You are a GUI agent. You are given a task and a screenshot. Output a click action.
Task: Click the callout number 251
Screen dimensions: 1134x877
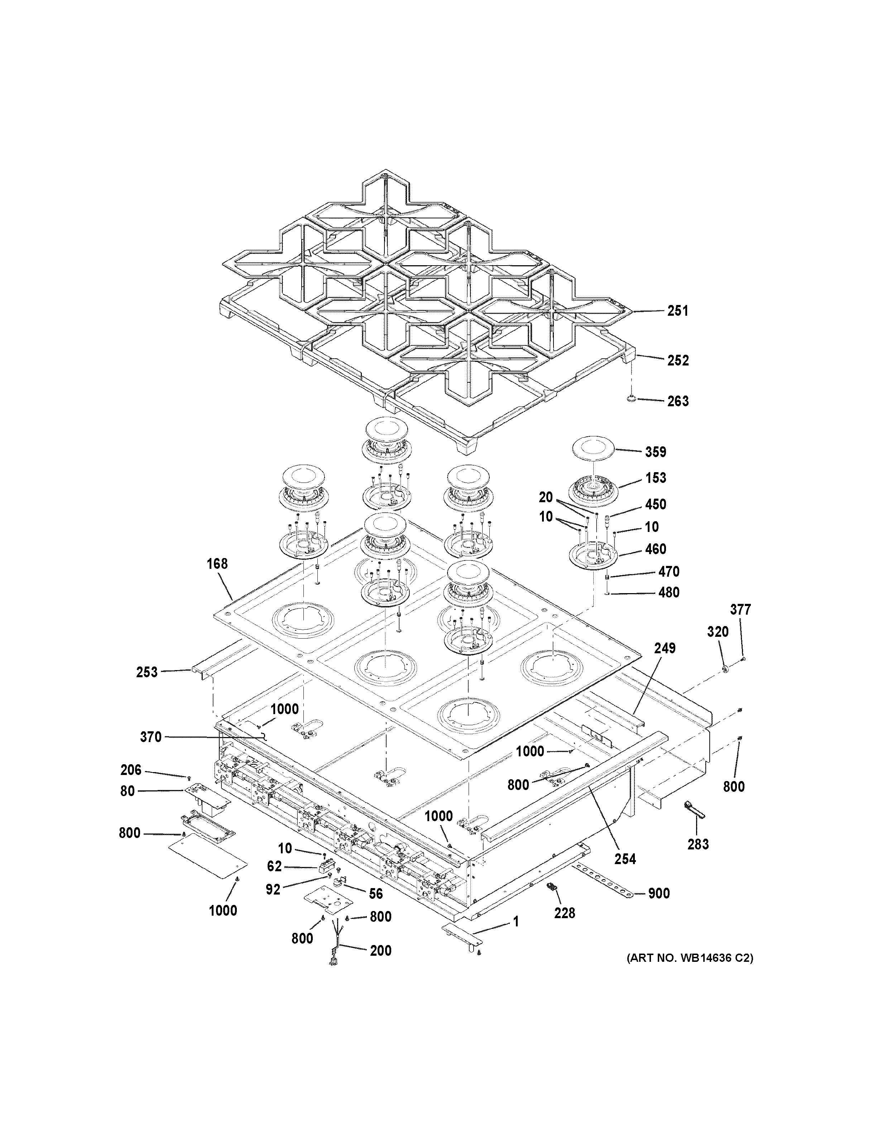[x=677, y=311]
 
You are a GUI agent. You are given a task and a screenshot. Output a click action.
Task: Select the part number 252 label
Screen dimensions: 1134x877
[x=677, y=360]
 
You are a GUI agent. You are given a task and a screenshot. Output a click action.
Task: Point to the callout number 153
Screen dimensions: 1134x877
[x=656, y=478]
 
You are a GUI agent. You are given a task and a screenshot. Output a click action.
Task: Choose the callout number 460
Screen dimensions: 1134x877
[x=656, y=549]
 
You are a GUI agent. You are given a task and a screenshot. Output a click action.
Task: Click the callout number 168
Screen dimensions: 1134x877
[x=217, y=563]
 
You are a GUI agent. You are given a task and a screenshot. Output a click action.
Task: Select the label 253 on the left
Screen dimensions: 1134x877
[x=147, y=672]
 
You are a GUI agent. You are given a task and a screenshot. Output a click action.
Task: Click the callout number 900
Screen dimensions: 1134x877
[x=659, y=893]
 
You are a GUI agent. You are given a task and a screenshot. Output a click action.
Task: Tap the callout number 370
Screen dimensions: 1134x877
[x=151, y=737]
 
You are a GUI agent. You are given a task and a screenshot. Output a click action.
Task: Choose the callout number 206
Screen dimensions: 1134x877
[x=130, y=770]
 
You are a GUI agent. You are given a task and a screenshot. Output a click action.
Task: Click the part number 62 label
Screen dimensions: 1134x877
[x=274, y=866]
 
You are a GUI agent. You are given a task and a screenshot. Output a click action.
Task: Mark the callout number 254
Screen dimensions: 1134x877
[x=625, y=859]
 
